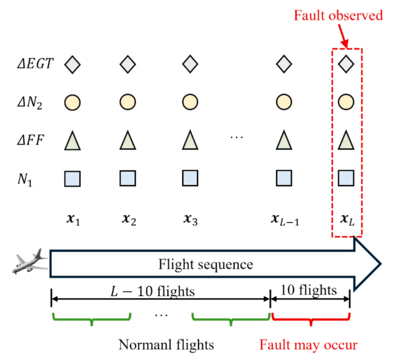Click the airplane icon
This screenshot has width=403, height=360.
pyautogui.click(x=30, y=261)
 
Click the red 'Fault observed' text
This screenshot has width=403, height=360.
pyautogui.click(x=338, y=15)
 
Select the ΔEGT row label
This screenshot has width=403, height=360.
pyautogui.click(x=35, y=63)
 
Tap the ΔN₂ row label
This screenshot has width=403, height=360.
pyautogui.click(x=30, y=102)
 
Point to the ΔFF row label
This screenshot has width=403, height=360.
pyautogui.click(x=30, y=140)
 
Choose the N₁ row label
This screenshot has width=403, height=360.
pyautogui.click(x=25, y=180)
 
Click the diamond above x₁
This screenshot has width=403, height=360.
pyautogui.click(x=72, y=64)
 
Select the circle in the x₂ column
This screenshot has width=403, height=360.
pyautogui.click(x=128, y=102)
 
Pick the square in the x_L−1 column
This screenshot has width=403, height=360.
pyautogui.click(x=284, y=178)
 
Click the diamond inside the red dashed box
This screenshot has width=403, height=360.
pyautogui.click(x=346, y=64)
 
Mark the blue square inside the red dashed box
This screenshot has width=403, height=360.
pyautogui.click(x=346, y=178)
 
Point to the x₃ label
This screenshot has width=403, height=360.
pyautogui.click(x=190, y=220)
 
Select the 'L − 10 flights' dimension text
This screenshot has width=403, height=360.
pyautogui.click(x=152, y=291)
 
